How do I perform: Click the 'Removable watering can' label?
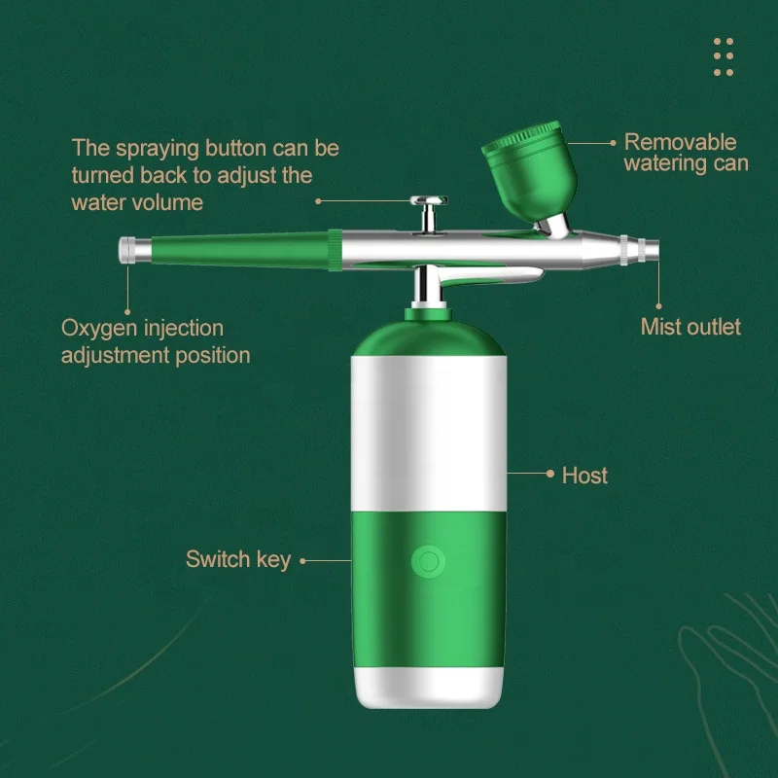coord(686,153)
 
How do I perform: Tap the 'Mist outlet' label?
coord(690,327)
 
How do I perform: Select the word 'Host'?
coord(584,475)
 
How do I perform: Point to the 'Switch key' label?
coord(238,559)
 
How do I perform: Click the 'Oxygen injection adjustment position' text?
coord(156,341)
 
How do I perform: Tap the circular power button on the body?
coord(427,560)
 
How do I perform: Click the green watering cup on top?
coord(529,161)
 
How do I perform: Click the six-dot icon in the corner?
coord(724,56)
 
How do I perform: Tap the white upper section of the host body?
coord(427,428)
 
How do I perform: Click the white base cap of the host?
coord(427,686)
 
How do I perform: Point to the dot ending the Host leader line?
coord(549,475)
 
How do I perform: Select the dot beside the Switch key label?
coord(302,560)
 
